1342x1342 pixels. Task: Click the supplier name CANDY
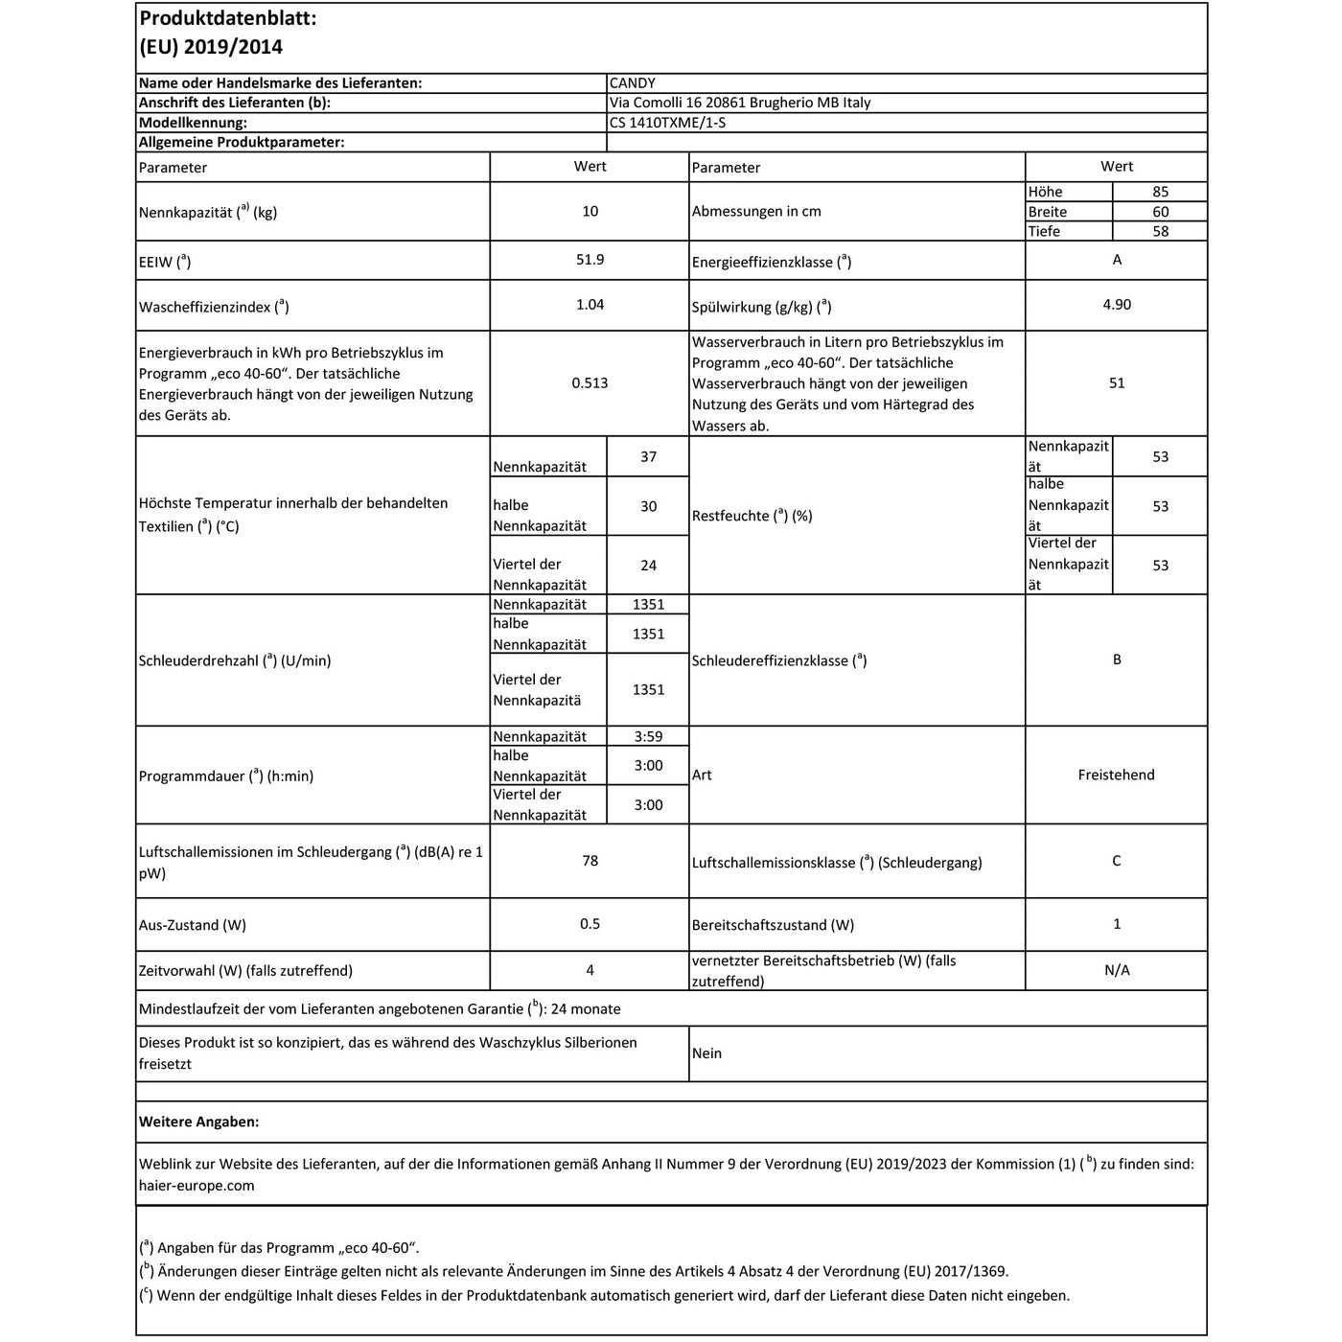633,83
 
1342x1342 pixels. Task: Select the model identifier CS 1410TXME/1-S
674,123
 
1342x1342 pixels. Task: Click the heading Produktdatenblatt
227,18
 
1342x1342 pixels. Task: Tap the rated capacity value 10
590,211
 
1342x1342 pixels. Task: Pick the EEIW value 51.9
590,260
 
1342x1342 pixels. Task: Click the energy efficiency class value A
1117,260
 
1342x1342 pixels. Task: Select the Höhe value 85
1160,192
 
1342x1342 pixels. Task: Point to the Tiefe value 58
1160,231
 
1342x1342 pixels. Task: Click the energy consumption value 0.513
590,382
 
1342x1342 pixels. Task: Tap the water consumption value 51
1117,382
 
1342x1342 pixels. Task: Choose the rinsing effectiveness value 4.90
1117,305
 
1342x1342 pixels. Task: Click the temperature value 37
648,456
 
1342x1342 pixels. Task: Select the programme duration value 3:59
648,736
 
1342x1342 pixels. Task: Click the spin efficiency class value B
1117,659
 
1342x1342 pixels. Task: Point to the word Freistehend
1116,775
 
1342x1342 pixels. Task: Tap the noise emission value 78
590,861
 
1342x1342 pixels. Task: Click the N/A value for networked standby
1117,970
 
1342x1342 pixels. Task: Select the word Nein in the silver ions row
706,1053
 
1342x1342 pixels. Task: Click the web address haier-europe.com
197,1185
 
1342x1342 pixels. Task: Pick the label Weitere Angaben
198,1122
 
